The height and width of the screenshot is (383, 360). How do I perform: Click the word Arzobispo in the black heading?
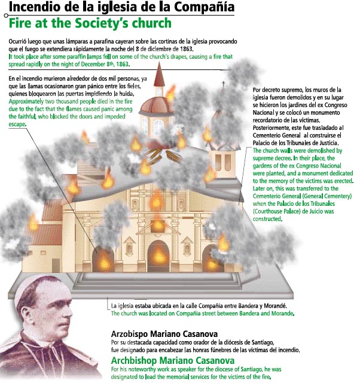[x=132, y=333]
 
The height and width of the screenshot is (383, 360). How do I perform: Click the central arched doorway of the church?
[x=158, y=254]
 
